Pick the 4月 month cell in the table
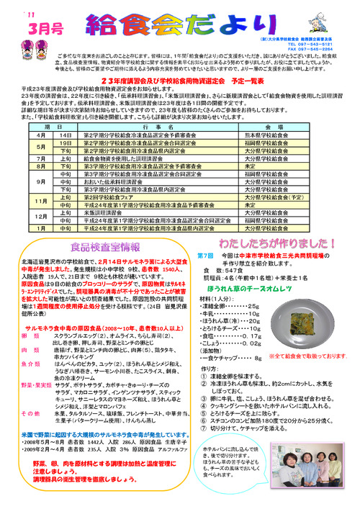[32, 135]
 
